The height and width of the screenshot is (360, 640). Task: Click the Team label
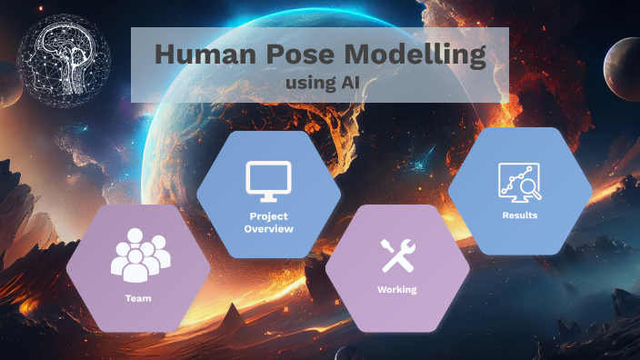tap(138, 298)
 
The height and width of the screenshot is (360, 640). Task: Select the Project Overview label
tap(270, 223)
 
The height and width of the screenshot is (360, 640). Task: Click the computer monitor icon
tap(269, 179)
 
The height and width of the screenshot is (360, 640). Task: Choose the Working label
tap(396, 289)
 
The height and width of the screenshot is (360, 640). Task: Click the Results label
tap(520, 215)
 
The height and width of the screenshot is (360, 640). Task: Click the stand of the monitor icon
tap(269, 195)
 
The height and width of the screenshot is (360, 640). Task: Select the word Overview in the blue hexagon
tap(270, 229)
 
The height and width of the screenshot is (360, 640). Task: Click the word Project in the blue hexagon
tap(270, 216)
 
